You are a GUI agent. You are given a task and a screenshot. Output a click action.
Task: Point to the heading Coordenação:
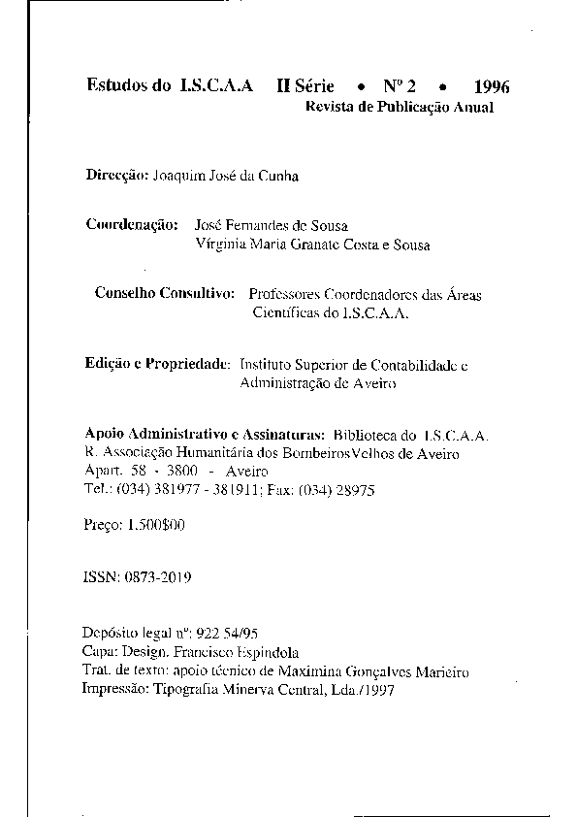point(131,225)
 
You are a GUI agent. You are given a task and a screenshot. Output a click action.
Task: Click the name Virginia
point(220,245)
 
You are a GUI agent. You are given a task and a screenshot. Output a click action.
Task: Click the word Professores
point(289,294)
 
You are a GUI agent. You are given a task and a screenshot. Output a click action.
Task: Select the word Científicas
point(288,313)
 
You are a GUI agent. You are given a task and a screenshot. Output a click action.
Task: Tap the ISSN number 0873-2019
point(157,576)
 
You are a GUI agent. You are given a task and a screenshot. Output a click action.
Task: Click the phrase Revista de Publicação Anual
point(400,107)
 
